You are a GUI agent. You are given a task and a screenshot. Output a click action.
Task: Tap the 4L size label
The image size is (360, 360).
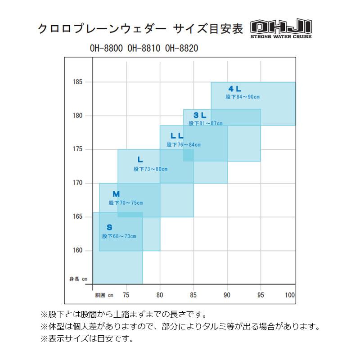tap(235, 89)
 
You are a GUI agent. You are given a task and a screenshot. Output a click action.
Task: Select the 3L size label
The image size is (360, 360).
tap(200, 115)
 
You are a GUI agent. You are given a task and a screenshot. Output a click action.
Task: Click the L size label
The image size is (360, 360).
tap(140, 159)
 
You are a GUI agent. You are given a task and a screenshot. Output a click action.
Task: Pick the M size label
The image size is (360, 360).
tap(116, 194)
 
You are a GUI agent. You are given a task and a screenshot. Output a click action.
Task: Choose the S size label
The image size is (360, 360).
tap(109, 227)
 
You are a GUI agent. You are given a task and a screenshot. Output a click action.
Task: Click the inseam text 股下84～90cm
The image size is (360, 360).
tap(243, 97)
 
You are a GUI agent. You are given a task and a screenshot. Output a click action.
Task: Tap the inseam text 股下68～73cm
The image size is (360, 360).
tap(119, 236)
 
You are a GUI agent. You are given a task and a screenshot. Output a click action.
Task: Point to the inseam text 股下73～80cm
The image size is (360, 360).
tap(150, 169)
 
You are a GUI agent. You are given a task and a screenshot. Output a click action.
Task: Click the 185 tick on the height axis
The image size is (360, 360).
tap(78, 82)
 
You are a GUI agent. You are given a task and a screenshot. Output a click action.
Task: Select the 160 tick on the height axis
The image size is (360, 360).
tap(78, 251)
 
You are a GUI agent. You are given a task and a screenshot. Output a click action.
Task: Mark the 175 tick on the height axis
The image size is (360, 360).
tap(78, 149)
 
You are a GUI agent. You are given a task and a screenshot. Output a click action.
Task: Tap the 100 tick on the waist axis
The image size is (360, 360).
tap(290, 295)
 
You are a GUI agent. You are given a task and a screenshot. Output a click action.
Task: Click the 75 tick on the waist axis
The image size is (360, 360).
tap(126, 295)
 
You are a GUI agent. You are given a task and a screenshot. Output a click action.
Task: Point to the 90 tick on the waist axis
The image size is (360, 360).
tap(227, 295)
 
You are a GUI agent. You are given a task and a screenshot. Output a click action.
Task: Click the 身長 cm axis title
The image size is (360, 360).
tap(78, 279)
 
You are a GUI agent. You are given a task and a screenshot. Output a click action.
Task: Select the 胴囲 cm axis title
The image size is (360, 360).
tap(104, 295)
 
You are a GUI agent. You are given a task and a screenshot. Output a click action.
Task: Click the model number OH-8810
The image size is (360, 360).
tap(144, 47)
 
